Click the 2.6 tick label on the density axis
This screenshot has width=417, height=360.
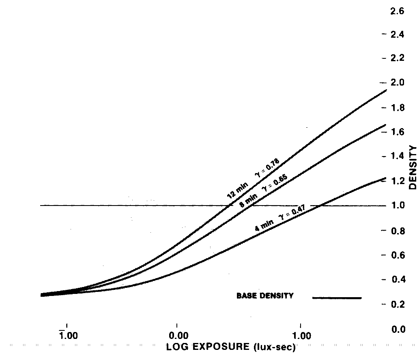click(x=397, y=11)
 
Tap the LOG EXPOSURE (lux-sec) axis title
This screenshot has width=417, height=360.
click(x=230, y=347)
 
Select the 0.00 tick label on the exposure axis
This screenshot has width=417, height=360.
click(x=178, y=336)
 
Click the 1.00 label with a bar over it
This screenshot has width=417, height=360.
click(x=67, y=336)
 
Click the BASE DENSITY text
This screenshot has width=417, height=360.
click(x=264, y=296)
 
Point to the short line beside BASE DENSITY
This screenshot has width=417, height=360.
click(x=337, y=298)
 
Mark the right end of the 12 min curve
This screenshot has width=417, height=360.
click(x=385, y=90)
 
